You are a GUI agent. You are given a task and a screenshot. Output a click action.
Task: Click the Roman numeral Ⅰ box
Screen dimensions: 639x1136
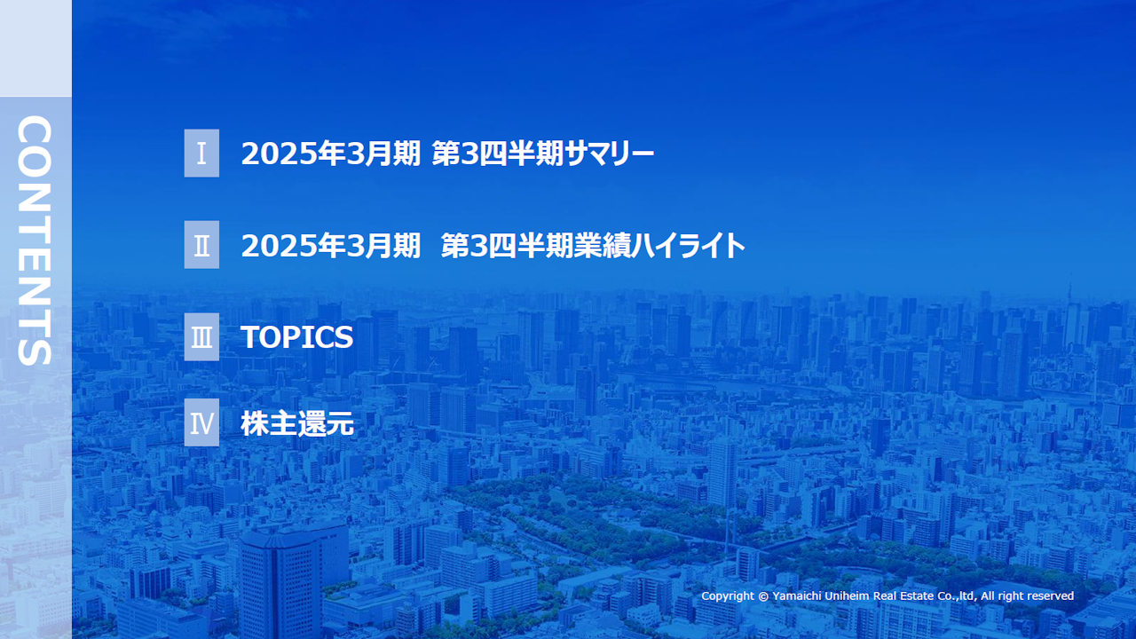pos(201,153)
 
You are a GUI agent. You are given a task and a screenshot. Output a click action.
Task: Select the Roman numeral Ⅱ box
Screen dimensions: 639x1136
pos(201,245)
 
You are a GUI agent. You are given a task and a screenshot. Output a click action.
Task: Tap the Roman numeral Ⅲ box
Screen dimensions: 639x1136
pos(201,337)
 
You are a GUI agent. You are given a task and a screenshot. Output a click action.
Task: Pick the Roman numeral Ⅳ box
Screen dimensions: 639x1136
pos(201,423)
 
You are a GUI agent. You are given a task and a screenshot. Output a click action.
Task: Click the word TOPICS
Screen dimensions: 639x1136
pos(296,337)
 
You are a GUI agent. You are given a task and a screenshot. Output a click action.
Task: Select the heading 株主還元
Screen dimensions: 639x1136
pos(296,424)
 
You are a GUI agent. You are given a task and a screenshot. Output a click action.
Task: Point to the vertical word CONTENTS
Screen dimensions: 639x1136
pos(35,241)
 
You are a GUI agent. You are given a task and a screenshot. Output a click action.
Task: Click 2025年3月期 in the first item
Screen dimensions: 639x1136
pos(330,154)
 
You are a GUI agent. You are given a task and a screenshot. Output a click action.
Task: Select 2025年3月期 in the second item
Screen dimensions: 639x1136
pos(330,246)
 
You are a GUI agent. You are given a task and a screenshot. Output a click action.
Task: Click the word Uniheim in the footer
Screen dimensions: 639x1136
pos(856,596)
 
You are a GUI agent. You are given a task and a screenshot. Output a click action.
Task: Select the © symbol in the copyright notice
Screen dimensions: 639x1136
pos(763,596)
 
